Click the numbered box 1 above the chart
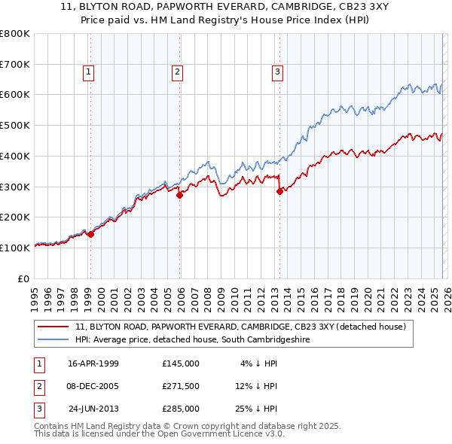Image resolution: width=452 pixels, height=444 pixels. [89, 72]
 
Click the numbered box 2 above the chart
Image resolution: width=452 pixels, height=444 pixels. [177, 72]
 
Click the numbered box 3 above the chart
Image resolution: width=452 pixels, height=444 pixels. [277, 72]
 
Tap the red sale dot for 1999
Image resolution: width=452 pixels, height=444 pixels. [91, 234]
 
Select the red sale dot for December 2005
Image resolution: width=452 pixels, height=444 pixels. [180, 196]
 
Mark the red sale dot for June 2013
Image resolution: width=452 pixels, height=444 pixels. [279, 191]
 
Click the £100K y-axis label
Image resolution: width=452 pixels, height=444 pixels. [15, 247]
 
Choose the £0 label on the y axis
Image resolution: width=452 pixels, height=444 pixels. [23, 278]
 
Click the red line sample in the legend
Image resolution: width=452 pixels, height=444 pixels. [53, 327]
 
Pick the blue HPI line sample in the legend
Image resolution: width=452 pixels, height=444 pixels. [53, 339]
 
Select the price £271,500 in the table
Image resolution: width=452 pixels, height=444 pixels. [181, 386]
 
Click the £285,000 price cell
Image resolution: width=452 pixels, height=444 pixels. [181, 409]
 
